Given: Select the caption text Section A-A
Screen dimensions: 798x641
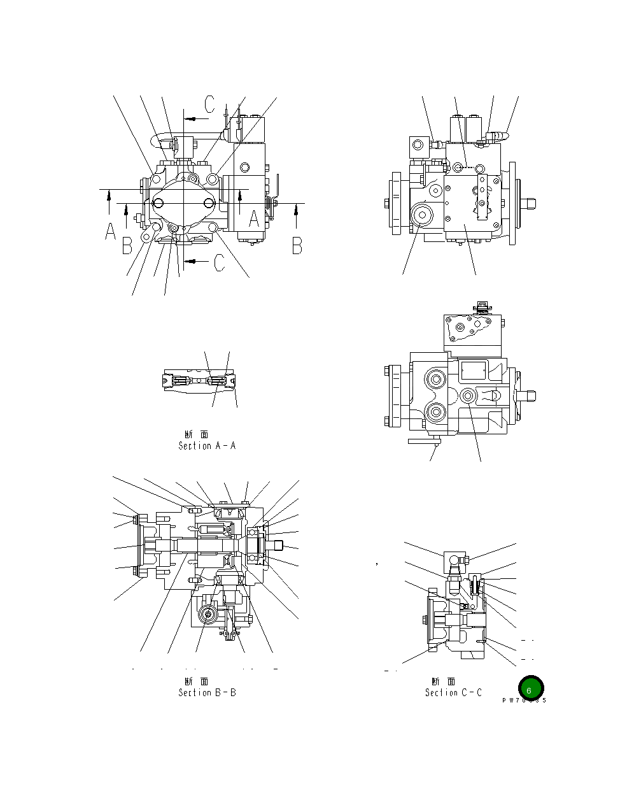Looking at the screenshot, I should [x=207, y=446].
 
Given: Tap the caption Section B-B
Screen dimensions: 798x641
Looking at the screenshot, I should [x=207, y=692].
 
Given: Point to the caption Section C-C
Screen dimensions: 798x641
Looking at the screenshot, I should [x=453, y=692].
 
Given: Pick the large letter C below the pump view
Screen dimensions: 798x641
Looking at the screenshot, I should [x=219, y=262].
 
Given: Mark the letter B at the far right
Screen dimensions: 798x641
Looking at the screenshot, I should [x=297, y=245].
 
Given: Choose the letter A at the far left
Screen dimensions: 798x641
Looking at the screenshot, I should [x=110, y=231].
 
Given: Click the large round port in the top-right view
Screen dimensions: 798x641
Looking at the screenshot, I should [x=421, y=215].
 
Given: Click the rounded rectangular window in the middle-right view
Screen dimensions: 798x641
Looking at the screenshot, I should [x=473, y=371].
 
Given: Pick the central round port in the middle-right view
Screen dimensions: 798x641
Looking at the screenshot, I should [x=468, y=396].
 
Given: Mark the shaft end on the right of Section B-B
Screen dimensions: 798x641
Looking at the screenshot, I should [x=276, y=545].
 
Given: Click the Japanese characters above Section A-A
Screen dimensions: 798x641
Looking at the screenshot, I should [x=196, y=434].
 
